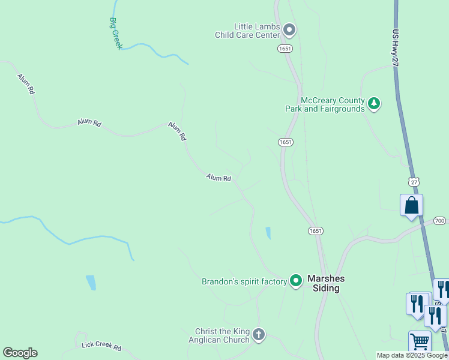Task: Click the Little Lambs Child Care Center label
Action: coord(249,31)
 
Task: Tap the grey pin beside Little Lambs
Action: coord(290,29)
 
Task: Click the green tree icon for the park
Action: coord(375,104)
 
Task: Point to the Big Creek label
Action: coord(116,33)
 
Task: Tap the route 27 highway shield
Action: coord(413,181)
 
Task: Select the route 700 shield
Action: coord(439,221)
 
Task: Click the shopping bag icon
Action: coord(412,206)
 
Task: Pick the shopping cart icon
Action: coord(420,342)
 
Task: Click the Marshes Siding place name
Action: coord(332,283)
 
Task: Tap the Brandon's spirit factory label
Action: coord(244,281)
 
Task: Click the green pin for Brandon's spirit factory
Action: coord(295,280)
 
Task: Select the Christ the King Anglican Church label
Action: coord(222,335)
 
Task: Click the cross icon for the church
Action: coord(259,335)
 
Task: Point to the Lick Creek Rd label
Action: coord(101,347)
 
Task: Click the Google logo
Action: coord(20,353)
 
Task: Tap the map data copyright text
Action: coord(412,355)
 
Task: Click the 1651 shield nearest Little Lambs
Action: coord(285,47)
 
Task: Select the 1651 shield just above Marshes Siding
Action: coord(316,230)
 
